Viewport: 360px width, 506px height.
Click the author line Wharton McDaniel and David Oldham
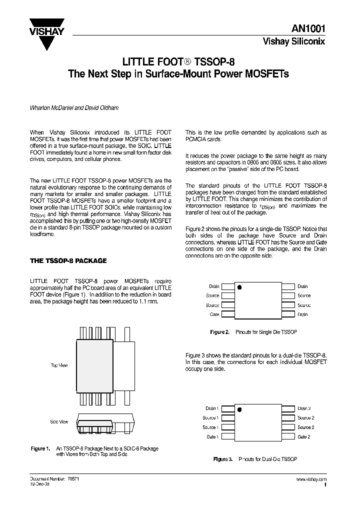pyautogui.click(x=74, y=108)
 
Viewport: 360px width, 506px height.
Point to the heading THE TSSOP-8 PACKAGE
pyautogui.click(x=68, y=260)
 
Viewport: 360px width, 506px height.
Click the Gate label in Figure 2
pyautogui.click(x=214, y=314)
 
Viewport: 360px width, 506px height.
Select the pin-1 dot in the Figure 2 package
pyautogui.click(x=239, y=288)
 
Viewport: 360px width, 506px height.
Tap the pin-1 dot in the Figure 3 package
pyautogui.click(x=239, y=410)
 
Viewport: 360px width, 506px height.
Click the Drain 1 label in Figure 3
pyautogui.click(x=210, y=408)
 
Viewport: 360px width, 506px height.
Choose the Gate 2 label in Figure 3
pyautogui.click(x=304, y=436)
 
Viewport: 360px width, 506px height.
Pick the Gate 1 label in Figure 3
pyautogui.click(x=212, y=436)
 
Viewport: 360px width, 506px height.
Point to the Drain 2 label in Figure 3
pyautogui.click(x=304, y=408)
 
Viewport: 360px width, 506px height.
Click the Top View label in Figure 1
pyautogui.click(x=59, y=365)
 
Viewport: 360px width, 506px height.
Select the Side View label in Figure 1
pyautogui.click(x=59, y=422)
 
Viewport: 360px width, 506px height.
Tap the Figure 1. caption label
pyautogui.click(x=40, y=448)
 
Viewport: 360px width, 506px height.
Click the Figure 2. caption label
pyautogui.click(x=219, y=332)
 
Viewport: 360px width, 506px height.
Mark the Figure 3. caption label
pyautogui.click(x=223, y=458)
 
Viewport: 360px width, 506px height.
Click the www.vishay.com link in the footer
pyautogui.click(x=311, y=479)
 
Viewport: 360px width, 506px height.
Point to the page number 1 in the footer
pyautogui.click(x=325, y=485)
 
